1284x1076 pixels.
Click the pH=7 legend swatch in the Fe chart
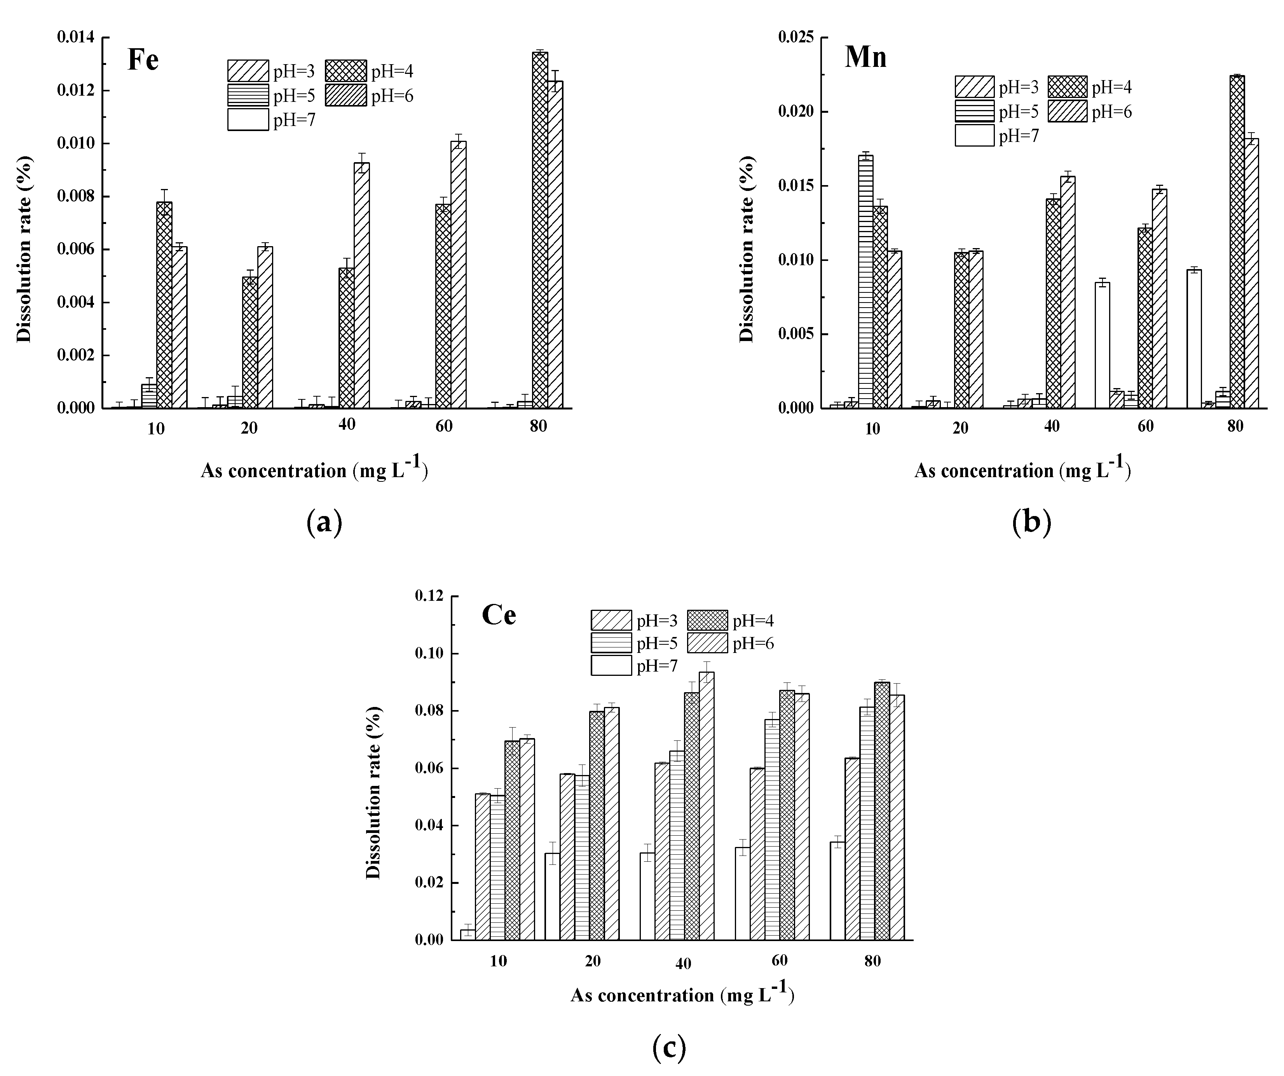tap(248, 120)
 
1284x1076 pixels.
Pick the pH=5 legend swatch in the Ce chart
tap(611, 643)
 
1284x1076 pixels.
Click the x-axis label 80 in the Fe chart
tap(538, 426)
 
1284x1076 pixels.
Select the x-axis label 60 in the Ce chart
tap(780, 961)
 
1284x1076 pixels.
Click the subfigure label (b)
tap(1031, 523)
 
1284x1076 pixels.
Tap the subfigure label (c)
tap(669, 1048)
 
